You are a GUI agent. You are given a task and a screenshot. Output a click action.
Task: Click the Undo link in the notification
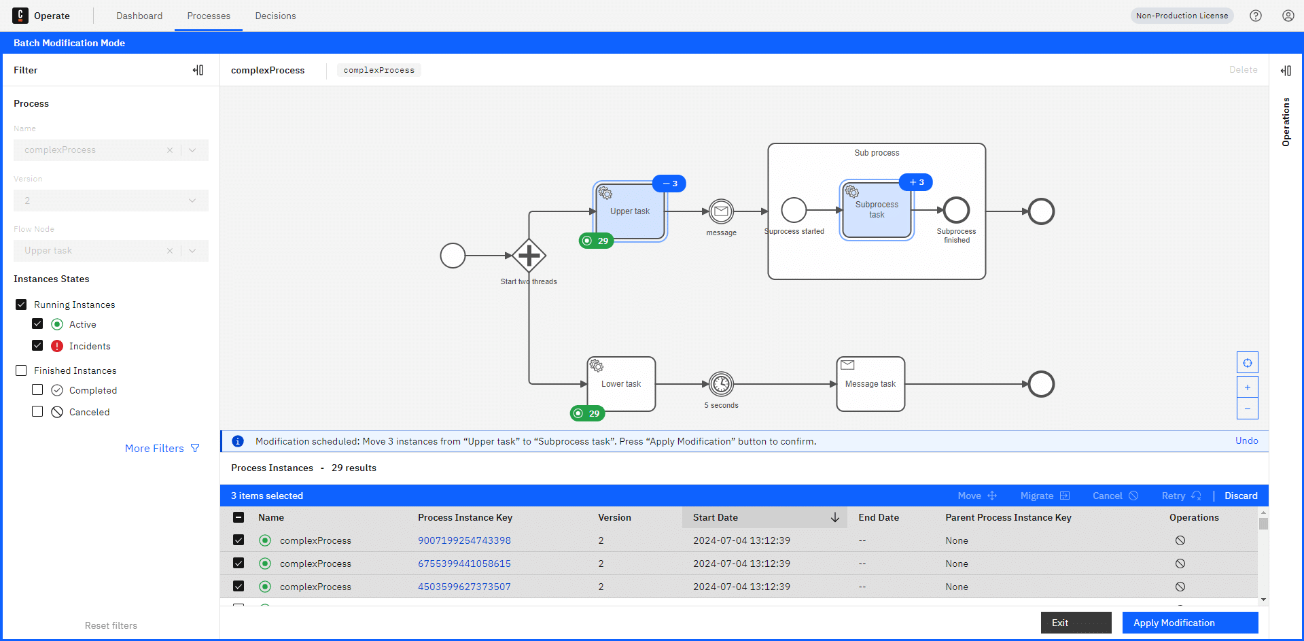1246,440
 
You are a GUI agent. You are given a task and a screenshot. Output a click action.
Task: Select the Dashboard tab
139,16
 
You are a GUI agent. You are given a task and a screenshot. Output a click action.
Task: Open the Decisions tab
275,16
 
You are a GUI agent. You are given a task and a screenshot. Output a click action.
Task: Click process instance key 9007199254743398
464,540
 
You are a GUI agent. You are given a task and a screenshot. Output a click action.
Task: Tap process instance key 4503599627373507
464,587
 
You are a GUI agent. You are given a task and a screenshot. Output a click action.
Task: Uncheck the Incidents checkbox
37,345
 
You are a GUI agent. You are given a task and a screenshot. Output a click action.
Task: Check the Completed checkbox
37,389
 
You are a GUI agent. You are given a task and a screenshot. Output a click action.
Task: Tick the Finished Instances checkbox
21,370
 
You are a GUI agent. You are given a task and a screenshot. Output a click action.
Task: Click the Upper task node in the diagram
630,211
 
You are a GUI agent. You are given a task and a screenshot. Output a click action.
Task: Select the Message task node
870,384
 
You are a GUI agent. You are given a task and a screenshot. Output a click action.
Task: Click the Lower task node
621,384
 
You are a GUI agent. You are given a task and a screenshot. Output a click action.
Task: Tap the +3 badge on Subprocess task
916,182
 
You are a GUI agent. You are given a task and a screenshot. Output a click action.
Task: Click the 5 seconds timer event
721,384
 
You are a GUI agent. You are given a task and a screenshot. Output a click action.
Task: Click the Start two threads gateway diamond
529,256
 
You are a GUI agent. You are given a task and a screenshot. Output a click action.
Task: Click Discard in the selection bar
1241,496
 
